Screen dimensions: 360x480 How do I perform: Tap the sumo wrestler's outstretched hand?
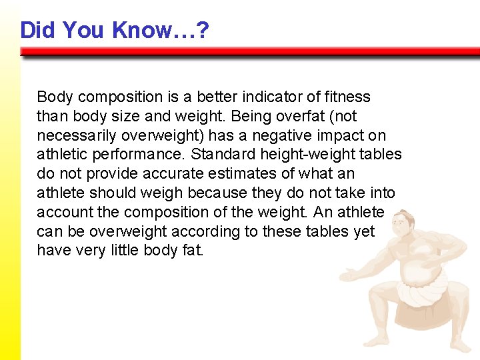tap(347, 273)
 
